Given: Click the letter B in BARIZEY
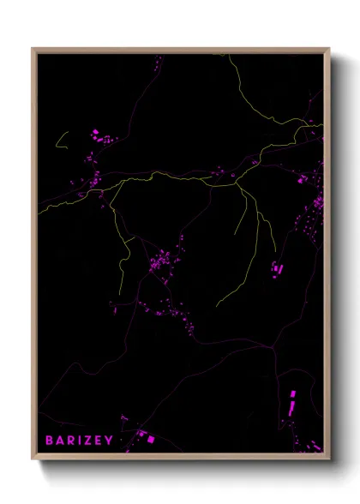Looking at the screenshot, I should tap(50, 440).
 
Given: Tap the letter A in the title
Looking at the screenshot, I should tap(62, 440).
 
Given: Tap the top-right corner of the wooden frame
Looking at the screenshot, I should tap(328, 49).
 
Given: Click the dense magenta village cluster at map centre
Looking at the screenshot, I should tap(159, 261).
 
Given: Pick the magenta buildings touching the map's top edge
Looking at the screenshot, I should tap(158, 61).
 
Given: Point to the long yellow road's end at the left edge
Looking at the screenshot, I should tap(40, 213).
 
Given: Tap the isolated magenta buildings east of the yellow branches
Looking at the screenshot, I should tap(276, 268).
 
